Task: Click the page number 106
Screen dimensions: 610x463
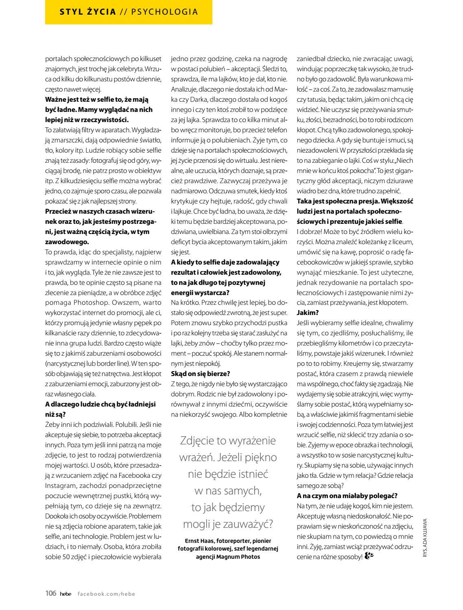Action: coord(50,593)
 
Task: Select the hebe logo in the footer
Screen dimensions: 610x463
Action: coord(65,594)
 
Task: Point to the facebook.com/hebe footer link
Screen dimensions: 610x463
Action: coord(106,594)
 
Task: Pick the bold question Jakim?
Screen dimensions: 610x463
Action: coord(308,313)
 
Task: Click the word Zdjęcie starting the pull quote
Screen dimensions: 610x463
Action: coord(200,441)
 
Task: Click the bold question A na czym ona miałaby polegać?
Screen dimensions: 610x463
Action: coord(347,496)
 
